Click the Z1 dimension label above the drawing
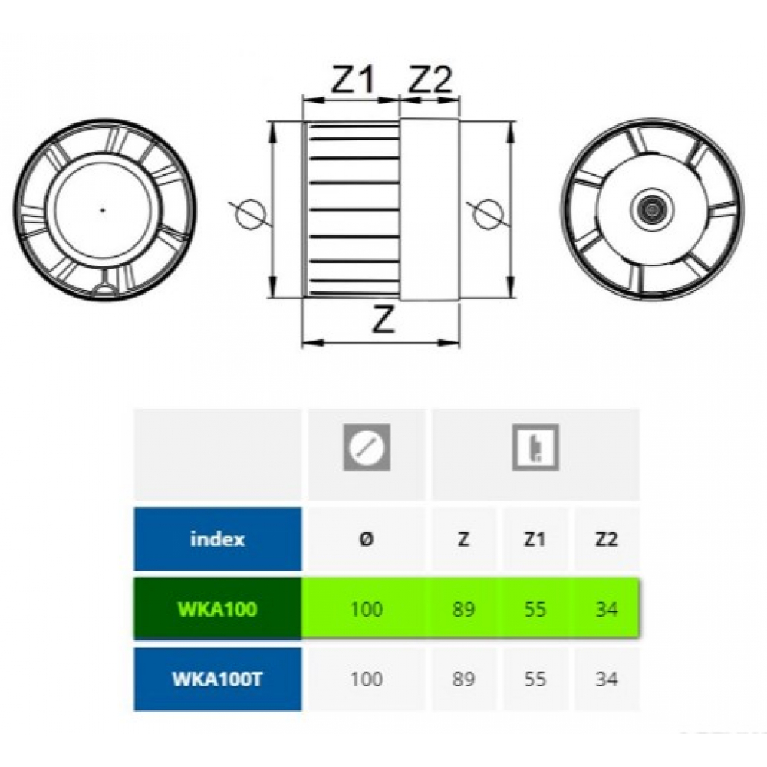tap(352, 80)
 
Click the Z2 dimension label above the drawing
tap(430, 80)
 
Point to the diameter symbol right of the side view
tap(487, 212)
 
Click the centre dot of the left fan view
tap(103, 209)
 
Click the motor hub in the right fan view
tap(651, 208)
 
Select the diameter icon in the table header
tap(367, 446)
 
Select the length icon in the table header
tap(535, 446)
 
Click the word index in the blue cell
tap(217, 539)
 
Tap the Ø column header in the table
tap(367, 539)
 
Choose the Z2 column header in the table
tap(606, 539)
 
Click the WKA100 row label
tap(217, 610)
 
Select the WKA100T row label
tap(217, 680)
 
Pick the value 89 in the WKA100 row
tap(463, 610)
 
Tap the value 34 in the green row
tap(606, 610)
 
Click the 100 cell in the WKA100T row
tap(367, 680)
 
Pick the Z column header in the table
tap(463, 539)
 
